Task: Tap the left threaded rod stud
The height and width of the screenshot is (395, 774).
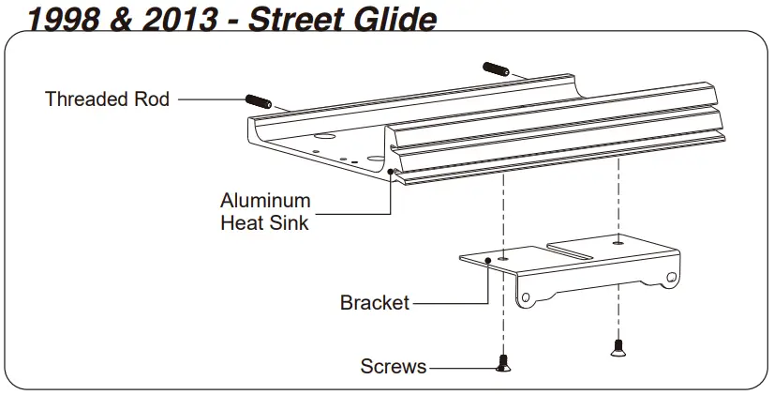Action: pyautogui.click(x=258, y=100)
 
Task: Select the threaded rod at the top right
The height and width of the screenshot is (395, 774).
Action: pyautogui.click(x=495, y=68)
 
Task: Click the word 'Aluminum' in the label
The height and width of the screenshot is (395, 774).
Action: pyautogui.click(x=265, y=201)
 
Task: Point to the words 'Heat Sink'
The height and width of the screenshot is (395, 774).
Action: pyautogui.click(x=264, y=223)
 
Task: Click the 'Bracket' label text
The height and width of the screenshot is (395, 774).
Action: pyautogui.click(x=375, y=303)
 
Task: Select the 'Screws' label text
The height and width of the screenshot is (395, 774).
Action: pyautogui.click(x=394, y=366)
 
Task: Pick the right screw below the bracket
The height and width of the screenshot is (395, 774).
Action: pyautogui.click(x=617, y=346)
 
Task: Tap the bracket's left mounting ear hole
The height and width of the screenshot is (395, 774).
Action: pyautogui.click(x=528, y=297)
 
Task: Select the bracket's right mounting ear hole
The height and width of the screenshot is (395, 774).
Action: pyautogui.click(x=671, y=278)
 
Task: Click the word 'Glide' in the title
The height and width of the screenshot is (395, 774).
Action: pyautogui.click(x=393, y=19)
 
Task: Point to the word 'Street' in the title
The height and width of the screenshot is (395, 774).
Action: pyautogui.click(x=299, y=19)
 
